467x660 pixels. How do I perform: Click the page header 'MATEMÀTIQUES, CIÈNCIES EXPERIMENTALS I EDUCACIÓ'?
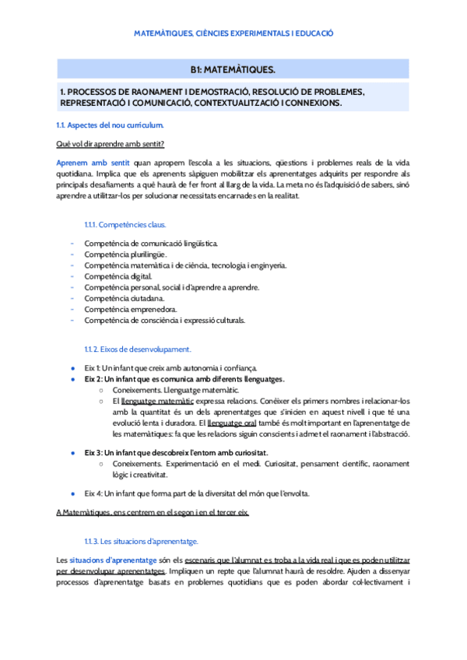click(233, 33)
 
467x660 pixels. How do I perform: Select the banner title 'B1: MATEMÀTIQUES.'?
click(233, 69)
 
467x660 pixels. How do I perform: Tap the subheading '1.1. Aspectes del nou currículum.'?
click(110, 125)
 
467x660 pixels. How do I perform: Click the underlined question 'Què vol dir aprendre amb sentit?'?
click(110, 144)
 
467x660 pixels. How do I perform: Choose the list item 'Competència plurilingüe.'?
click(125, 255)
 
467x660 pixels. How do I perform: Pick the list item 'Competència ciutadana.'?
click(124, 298)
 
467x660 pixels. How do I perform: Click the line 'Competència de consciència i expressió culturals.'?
click(164, 320)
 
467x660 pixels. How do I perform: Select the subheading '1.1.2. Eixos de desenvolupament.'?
click(136, 349)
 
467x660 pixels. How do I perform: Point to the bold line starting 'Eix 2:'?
click(184, 379)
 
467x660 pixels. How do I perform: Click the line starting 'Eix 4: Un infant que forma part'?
click(196, 493)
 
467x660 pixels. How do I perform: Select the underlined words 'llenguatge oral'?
click(220, 423)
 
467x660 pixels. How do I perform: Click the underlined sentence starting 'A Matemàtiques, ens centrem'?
click(153, 512)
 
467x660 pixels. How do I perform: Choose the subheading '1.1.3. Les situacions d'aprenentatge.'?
click(141, 541)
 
